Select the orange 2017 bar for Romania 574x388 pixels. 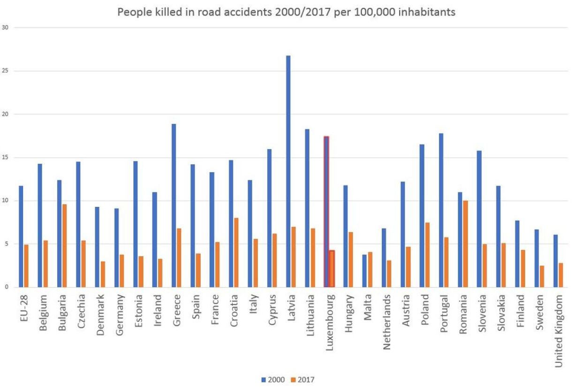tap(465, 244)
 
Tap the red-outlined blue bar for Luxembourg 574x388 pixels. tap(326, 212)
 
